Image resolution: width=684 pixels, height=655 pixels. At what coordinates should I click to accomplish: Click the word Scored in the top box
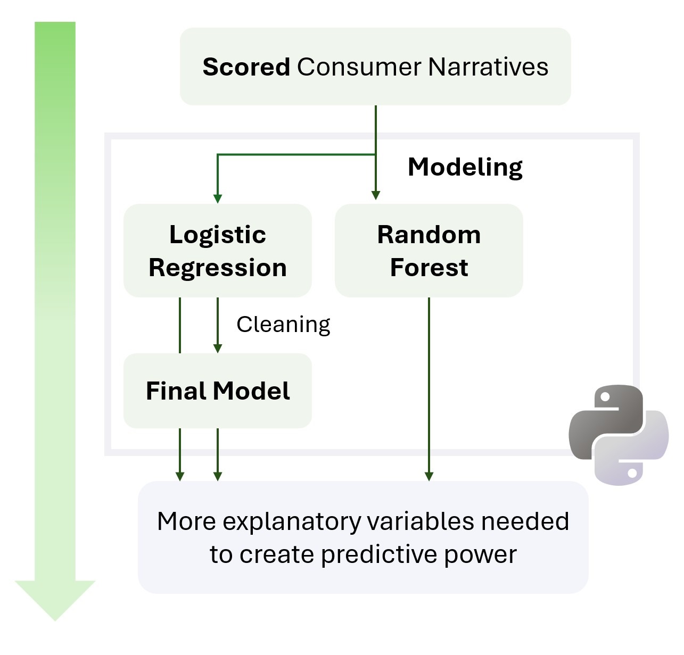point(246,67)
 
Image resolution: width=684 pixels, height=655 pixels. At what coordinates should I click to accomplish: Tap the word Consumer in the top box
point(359,67)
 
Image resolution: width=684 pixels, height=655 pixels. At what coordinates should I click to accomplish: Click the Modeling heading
point(465,167)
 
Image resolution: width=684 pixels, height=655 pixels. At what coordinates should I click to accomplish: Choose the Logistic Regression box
point(217,251)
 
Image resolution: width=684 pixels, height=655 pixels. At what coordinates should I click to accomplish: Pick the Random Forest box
point(428,251)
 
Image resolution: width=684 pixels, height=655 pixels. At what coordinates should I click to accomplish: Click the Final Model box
point(217,391)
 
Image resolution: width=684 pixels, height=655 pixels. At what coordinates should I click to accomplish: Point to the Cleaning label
point(283,325)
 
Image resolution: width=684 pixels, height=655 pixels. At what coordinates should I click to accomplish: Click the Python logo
point(618,435)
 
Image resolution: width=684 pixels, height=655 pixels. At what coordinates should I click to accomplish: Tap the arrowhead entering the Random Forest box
point(376,195)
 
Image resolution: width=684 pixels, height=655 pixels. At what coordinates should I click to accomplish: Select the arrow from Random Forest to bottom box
point(429,388)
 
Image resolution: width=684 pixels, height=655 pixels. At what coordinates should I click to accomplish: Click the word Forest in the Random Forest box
point(429,267)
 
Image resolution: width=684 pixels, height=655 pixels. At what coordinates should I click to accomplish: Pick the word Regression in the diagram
point(217,268)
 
